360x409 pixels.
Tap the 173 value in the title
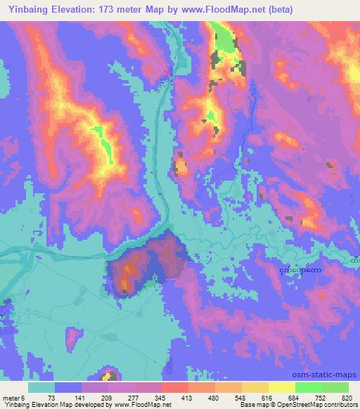(x=116, y=10)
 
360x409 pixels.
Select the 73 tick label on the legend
(x=51, y=398)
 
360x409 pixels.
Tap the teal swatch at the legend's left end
(x=42, y=388)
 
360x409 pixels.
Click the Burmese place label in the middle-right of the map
(x=300, y=268)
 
